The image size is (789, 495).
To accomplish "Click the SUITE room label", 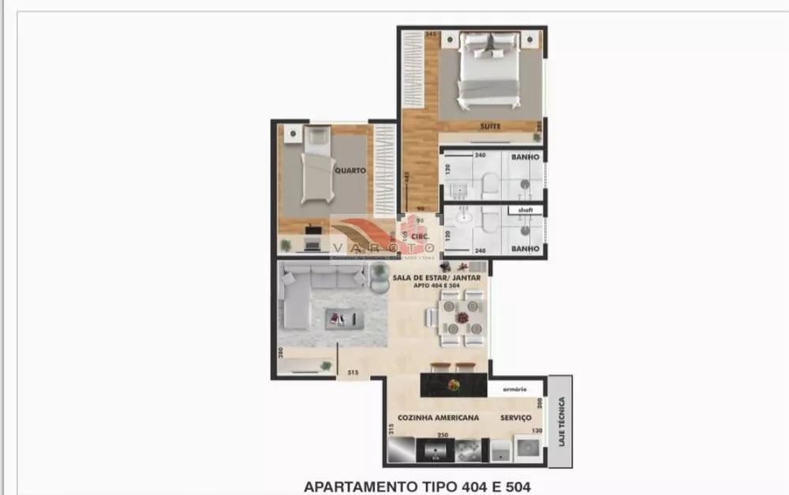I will (x=491, y=126).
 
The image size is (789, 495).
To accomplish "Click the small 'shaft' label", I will (x=525, y=210).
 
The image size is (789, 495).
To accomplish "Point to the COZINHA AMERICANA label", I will (x=433, y=418).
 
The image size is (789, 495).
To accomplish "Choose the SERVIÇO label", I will (x=514, y=418).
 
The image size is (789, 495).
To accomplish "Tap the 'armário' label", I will (x=514, y=389).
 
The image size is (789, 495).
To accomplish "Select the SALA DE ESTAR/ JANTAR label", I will (x=436, y=277).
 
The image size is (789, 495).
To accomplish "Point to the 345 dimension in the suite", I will (x=431, y=36).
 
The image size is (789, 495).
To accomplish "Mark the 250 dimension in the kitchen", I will (x=443, y=436).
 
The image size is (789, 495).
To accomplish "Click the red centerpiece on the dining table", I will (x=462, y=318).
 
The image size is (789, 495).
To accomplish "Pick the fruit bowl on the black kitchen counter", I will (x=454, y=385).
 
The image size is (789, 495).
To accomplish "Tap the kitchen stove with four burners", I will (x=467, y=450).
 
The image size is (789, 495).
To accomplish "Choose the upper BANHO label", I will (x=525, y=158).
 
